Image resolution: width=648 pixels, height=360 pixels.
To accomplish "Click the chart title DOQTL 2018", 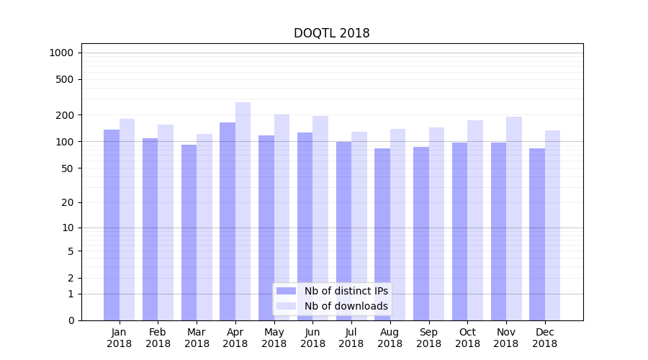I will (331, 33).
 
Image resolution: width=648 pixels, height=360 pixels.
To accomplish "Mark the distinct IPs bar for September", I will (421, 233).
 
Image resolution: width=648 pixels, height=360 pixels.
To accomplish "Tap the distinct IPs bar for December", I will (537, 234).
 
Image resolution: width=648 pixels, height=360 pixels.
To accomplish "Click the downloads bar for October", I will (475, 220).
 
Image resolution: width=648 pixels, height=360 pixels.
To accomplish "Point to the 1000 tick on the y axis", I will (61, 53).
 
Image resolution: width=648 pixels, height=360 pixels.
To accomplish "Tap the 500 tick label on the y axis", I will (66, 79).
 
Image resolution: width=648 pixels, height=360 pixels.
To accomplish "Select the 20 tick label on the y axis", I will (68, 202).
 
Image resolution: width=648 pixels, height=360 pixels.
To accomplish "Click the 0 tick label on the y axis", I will (71, 320).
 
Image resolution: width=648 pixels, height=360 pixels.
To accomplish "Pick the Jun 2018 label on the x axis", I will (312, 338).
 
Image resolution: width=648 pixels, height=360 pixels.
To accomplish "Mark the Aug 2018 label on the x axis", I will (390, 338).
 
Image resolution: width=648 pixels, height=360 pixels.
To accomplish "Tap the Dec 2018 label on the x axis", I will (545, 338).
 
